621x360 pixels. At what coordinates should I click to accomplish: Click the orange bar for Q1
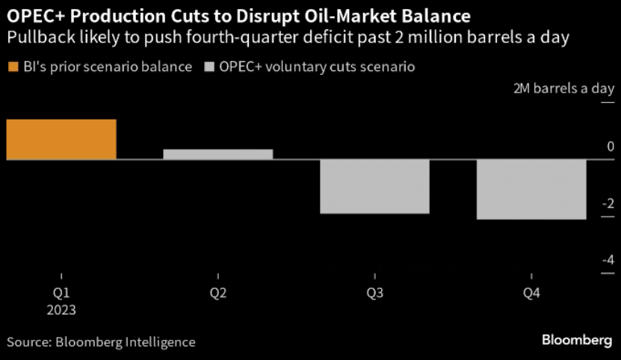click(x=61, y=140)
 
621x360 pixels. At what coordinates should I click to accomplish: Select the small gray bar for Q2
click(x=217, y=155)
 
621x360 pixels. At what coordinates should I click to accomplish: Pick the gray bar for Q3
click(x=374, y=187)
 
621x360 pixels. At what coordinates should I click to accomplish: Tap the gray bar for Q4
click(x=531, y=190)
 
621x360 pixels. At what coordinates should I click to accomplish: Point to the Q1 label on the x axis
click(x=61, y=294)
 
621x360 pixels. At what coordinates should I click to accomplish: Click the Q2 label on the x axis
click(x=217, y=294)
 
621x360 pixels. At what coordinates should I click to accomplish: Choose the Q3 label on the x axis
click(x=374, y=294)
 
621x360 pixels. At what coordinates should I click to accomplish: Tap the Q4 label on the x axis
click(x=531, y=294)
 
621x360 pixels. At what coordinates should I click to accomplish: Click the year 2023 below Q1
click(x=61, y=309)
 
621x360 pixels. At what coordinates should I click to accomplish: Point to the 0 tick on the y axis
click(x=610, y=146)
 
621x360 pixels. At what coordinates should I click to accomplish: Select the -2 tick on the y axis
click(x=607, y=203)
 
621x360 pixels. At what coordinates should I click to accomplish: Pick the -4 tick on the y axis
click(x=607, y=260)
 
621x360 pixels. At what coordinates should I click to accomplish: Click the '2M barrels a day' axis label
click(x=563, y=88)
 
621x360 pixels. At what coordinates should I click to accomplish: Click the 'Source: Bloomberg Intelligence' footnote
click(x=102, y=342)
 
